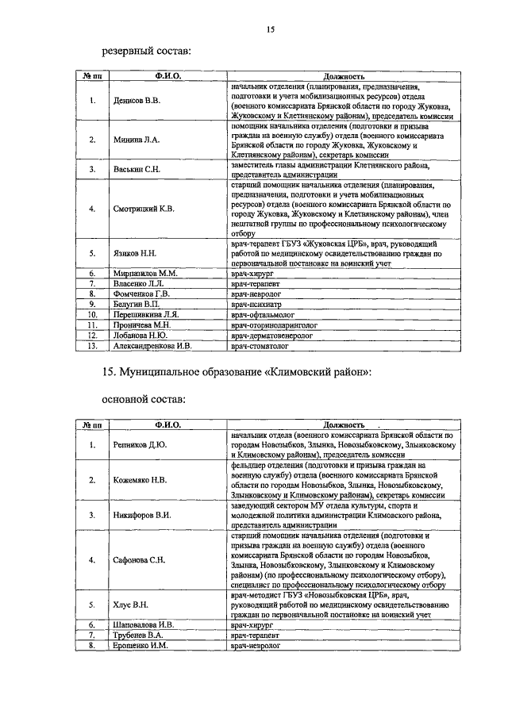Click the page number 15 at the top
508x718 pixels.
[x=270, y=30]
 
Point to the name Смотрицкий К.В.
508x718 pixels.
[x=144, y=209]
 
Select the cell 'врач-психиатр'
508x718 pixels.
[x=260, y=304]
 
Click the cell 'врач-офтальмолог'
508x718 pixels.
[x=265, y=314]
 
